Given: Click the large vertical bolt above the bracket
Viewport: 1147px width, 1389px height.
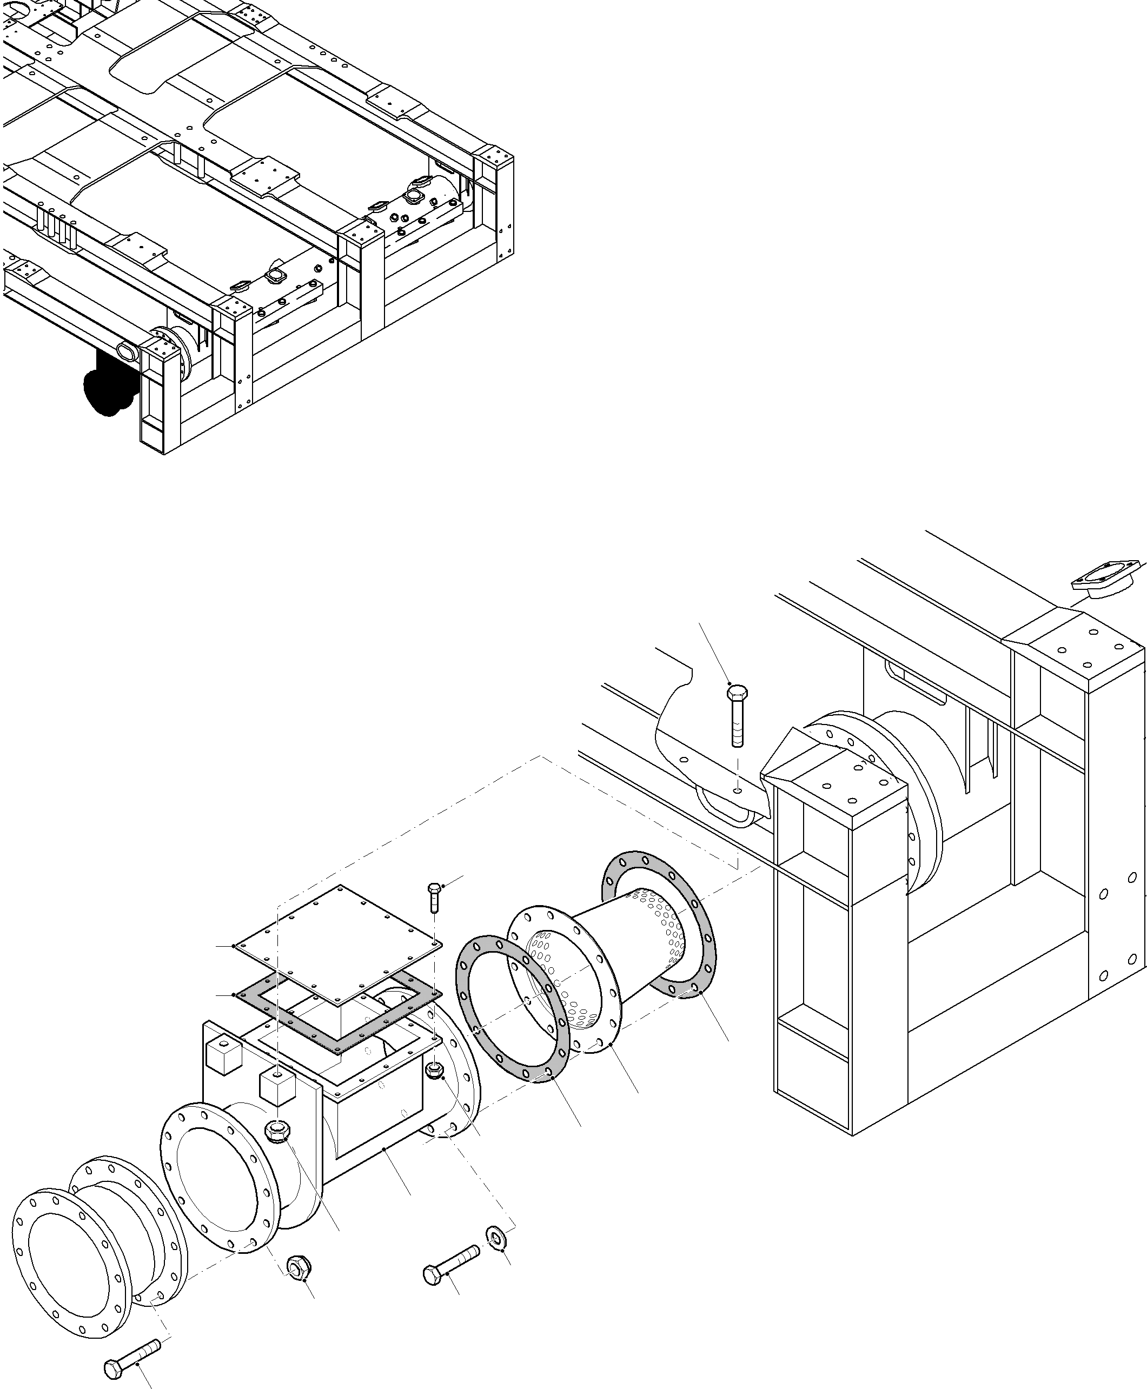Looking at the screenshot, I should tap(737, 716).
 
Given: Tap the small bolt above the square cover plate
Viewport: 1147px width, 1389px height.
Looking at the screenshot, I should tap(434, 898).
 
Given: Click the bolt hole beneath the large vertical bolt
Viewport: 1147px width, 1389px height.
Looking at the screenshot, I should tap(738, 790).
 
